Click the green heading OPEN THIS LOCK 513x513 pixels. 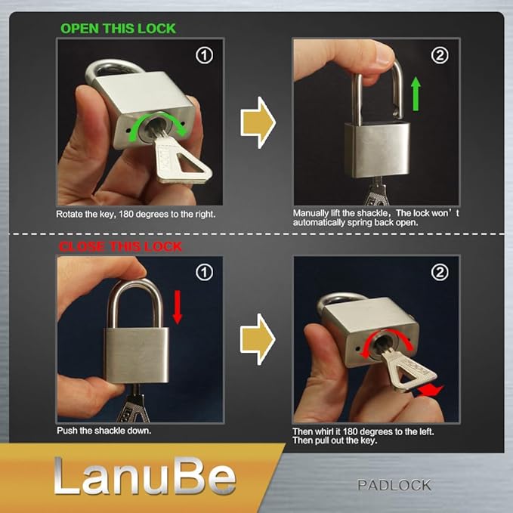click(x=118, y=29)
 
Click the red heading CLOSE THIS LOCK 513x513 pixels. click(x=121, y=246)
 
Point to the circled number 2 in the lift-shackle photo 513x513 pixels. click(x=440, y=55)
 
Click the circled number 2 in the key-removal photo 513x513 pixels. click(x=440, y=273)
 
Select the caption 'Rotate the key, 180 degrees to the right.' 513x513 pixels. click(x=136, y=215)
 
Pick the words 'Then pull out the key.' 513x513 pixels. click(x=335, y=440)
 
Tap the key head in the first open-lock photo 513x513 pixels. click(x=178, y=159)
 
